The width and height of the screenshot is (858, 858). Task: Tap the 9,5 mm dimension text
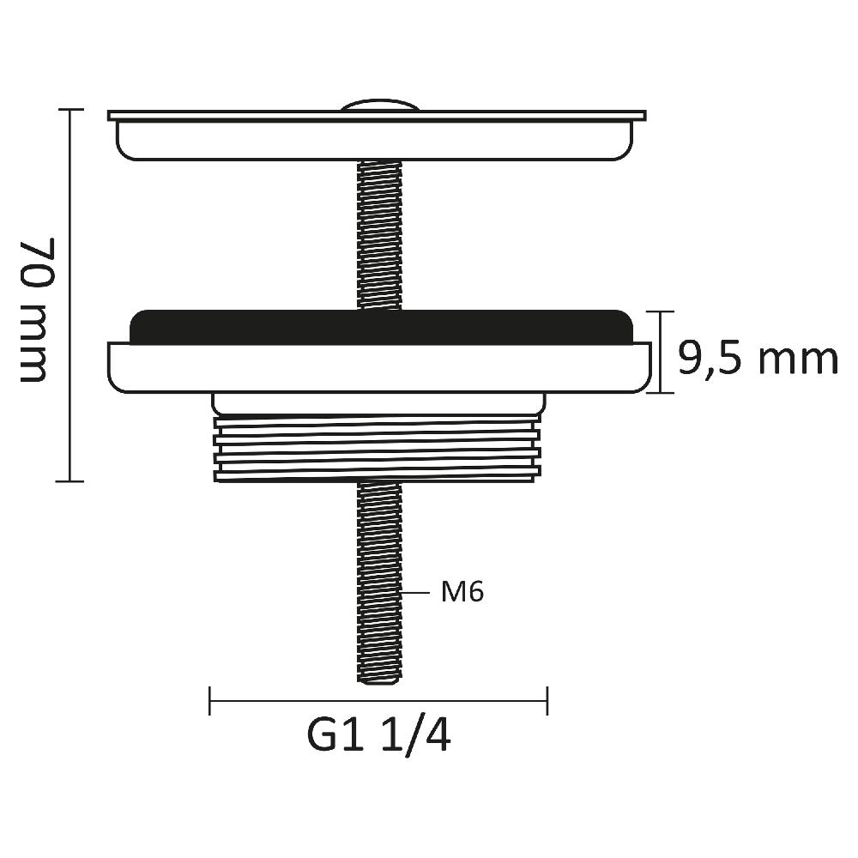point(758,359)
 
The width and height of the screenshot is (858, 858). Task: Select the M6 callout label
point(462,592)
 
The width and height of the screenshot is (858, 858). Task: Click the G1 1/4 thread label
point(378,736)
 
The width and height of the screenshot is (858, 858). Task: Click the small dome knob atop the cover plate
point(380,106)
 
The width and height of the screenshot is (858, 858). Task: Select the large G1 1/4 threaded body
point(378,447)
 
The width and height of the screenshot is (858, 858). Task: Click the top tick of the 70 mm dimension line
point(69,110)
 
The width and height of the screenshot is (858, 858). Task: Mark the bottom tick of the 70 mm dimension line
point(69,480)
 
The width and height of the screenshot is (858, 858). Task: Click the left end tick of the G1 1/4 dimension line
point(210,700)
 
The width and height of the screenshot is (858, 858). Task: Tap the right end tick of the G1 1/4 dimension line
point(547,700)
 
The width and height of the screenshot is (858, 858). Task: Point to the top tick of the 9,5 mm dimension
point(660,311)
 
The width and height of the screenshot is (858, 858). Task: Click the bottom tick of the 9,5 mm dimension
point(660,392)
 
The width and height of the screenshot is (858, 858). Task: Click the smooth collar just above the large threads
point(378,402)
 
